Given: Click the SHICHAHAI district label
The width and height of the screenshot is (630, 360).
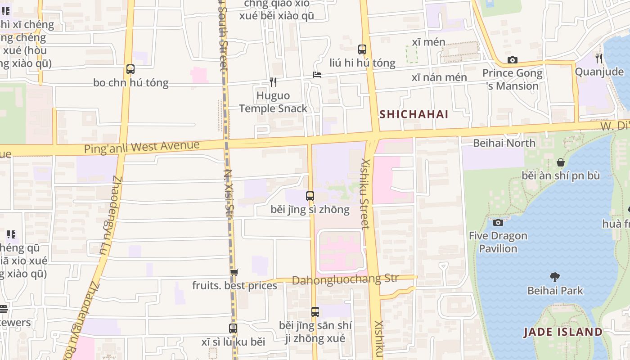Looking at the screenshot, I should click(x=414, y=114).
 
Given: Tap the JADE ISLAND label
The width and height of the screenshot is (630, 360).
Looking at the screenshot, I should click(x=563, y=332).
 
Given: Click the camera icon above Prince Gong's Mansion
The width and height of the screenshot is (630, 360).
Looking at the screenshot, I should click(x=512, y=60).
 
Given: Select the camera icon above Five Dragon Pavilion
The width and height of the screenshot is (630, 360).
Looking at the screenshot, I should click(x=498, y=222).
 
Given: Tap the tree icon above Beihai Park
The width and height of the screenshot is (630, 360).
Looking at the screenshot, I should click(x=555, y=277).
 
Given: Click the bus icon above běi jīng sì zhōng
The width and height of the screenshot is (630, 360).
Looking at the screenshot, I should click(x=310, y=196).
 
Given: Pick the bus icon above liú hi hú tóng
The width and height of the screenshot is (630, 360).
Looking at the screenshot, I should click(x=362, y=49).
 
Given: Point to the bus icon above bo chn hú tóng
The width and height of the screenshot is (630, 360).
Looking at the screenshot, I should click(x=130, y=69).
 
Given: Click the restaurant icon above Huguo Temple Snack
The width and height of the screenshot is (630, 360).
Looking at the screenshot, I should click(x=273, y=82).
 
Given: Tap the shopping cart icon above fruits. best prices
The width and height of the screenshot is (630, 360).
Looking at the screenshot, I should click(x=234, y=272).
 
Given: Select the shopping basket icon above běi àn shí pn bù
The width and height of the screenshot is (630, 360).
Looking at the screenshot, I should click(x=561, y=162).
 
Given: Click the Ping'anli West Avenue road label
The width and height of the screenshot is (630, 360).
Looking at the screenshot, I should click(x=142, y=147).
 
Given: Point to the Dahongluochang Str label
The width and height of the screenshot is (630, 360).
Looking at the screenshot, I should click(x=345, y=279).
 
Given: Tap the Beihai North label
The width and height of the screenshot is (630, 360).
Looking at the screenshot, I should click(x=504, y=143).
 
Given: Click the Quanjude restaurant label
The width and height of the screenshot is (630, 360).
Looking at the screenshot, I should click(x=599, y=72).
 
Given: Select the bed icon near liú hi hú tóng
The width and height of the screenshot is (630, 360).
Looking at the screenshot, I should click(x=317, y=74).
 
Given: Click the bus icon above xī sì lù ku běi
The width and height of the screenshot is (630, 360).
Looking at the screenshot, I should click(x=233, y=328).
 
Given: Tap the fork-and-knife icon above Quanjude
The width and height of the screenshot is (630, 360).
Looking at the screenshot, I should click(x=599, y=58).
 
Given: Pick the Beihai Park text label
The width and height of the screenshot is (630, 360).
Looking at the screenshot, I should click(x=555, y=291).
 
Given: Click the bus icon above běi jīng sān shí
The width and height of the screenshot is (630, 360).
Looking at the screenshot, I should click(x=315, y=312).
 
